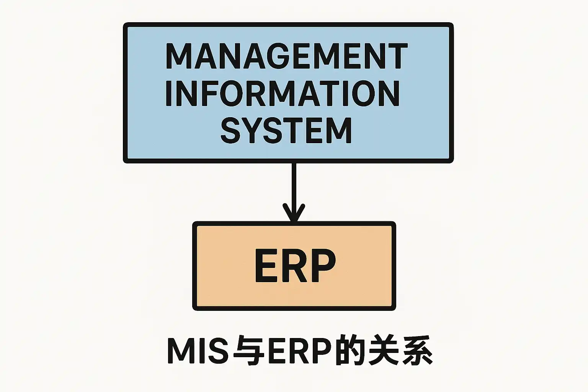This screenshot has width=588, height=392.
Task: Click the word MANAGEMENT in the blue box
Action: [x=287, y=56]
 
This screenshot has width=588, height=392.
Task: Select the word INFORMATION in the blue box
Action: [x=283, y=93]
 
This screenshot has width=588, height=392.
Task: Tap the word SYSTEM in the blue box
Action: [x=286, y=131]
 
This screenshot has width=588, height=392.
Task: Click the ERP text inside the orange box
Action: [x=295, y=266]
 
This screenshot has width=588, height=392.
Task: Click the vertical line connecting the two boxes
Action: [x=294, y=192]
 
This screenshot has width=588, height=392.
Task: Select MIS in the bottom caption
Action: [x=198, y=351]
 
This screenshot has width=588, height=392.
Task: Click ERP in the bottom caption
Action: [x=299, y=351]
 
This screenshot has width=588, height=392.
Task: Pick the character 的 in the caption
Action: [x=350, y=351]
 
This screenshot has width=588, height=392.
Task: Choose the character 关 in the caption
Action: [x=384, y=351]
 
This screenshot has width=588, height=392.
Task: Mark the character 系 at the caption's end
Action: [x=417, y=351]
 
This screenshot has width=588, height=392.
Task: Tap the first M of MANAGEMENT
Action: [x=179, y=56]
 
